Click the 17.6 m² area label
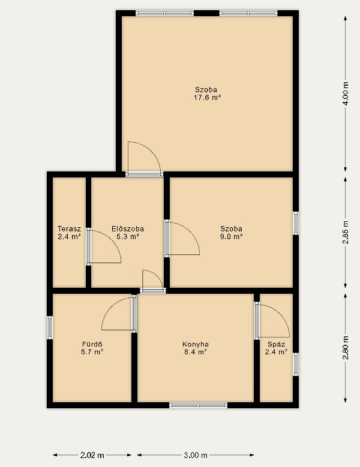coord(208,97)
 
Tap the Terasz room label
coord(69,229)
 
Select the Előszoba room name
coord(128,229)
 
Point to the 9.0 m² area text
coord(231,237)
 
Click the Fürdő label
coord(92,344)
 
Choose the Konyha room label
coord(196,344)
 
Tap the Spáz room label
coord(276,344)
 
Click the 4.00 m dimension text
coord(346,94)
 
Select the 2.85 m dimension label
coord(346,233)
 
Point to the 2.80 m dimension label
coord(346,348)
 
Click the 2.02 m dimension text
coord(92,455)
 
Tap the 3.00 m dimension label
coord(196,455)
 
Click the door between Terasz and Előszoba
coord(104,246)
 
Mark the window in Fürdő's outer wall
coord(50,327)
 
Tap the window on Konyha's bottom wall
coord(198,405)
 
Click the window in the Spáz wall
coord(296,364)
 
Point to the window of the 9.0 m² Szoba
coord(296,223)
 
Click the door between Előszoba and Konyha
coord(153,281)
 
